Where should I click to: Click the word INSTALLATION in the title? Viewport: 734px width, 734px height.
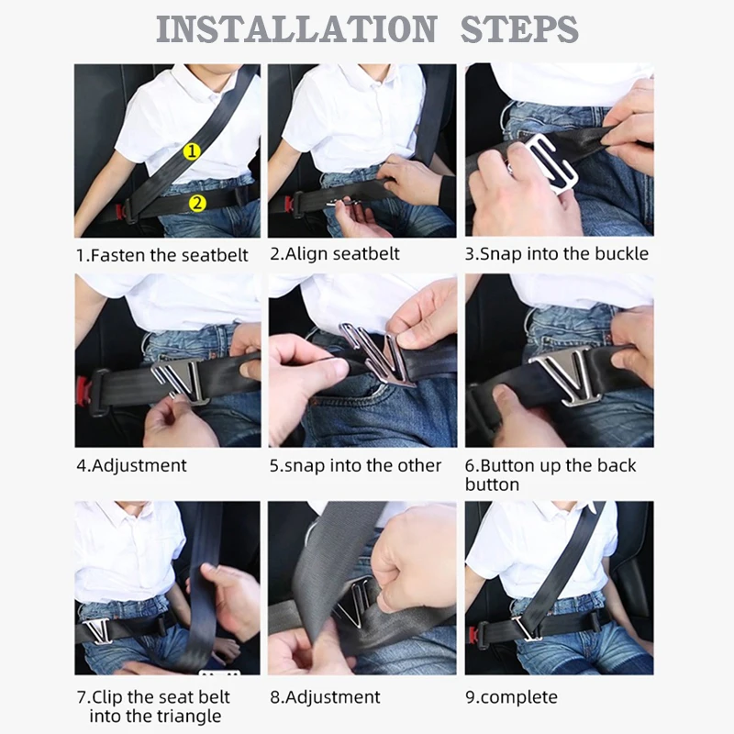click(296, 29)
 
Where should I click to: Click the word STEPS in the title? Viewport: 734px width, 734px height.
click(519, 29)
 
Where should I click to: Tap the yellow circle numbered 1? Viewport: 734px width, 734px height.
click(192, 150)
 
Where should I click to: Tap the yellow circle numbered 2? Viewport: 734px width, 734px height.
click(197, 203)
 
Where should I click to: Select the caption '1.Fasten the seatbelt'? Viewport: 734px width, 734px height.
click(162, 255)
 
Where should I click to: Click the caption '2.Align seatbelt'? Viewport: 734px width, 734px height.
click(335, 254)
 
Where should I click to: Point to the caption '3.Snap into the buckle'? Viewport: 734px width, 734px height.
click(557, 254)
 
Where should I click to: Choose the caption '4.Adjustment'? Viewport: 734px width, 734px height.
click(131, 465)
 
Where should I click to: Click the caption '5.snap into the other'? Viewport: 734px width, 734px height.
click(355, 465)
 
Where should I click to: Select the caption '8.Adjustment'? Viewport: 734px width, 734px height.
click(325, 697)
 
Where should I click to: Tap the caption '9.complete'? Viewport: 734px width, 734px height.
click(511, 697)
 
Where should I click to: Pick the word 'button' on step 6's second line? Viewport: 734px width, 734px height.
click(492, 484)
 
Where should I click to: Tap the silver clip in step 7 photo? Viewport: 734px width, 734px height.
click(98, 630)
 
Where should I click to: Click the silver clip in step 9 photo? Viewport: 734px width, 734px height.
click(527, 628)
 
